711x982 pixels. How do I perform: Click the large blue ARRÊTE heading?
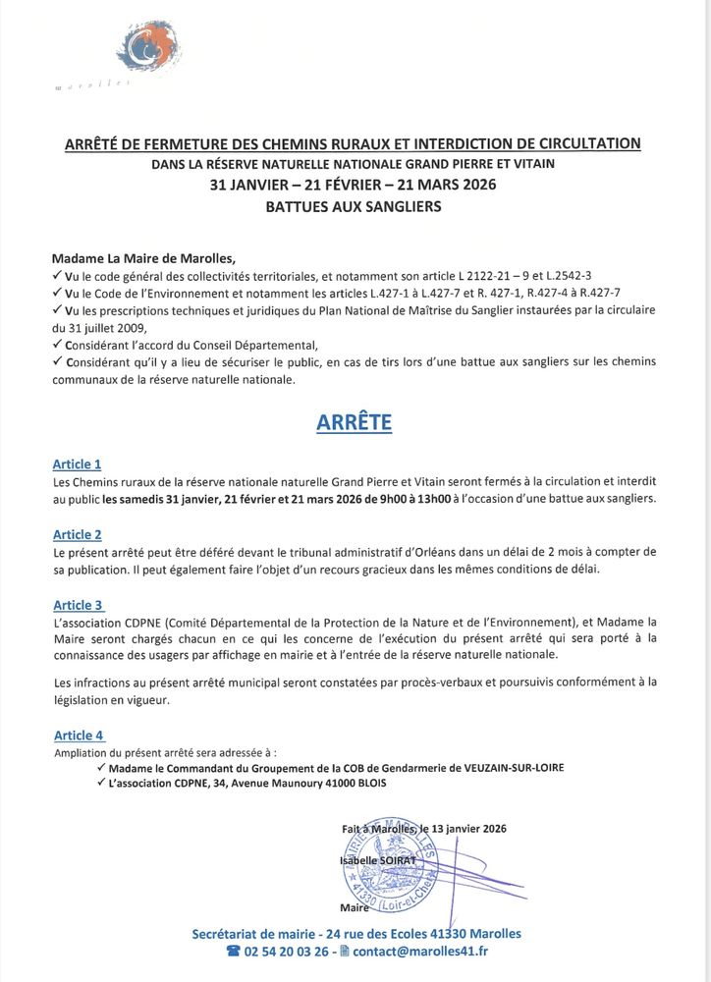click(354, 421)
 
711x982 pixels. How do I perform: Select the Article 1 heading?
click(77, 464)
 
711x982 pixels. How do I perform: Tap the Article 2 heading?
click(77, 535)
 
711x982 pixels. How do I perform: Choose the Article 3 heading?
click(78, 605)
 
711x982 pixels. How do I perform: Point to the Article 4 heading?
click(78, 735)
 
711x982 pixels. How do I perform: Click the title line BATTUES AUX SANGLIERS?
click(354, 206)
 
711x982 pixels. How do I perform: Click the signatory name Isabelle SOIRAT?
click(378, 859)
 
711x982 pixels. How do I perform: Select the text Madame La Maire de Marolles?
click(144, 259)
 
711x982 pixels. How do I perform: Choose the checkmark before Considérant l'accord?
click(57, 345)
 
